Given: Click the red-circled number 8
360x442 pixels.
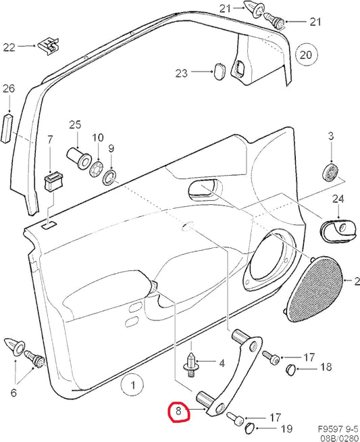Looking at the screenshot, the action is pyautogui.click(x=179, y=412).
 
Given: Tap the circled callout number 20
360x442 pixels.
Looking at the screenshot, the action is pyautogui.click(x=306, y=55).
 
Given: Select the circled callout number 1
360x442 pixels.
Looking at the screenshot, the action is pyautogui.click(x=132, y=385).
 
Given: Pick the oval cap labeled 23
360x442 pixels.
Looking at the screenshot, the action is pyautogui.click(x=219, y=72).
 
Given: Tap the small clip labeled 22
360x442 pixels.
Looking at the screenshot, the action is pyautogui.click(x=49, y=45).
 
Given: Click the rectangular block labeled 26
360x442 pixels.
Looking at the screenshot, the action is pyautogui.click(x=7, y=128).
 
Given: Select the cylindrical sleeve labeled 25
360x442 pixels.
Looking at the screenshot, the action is pyautogui.click(x=79, y=158).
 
